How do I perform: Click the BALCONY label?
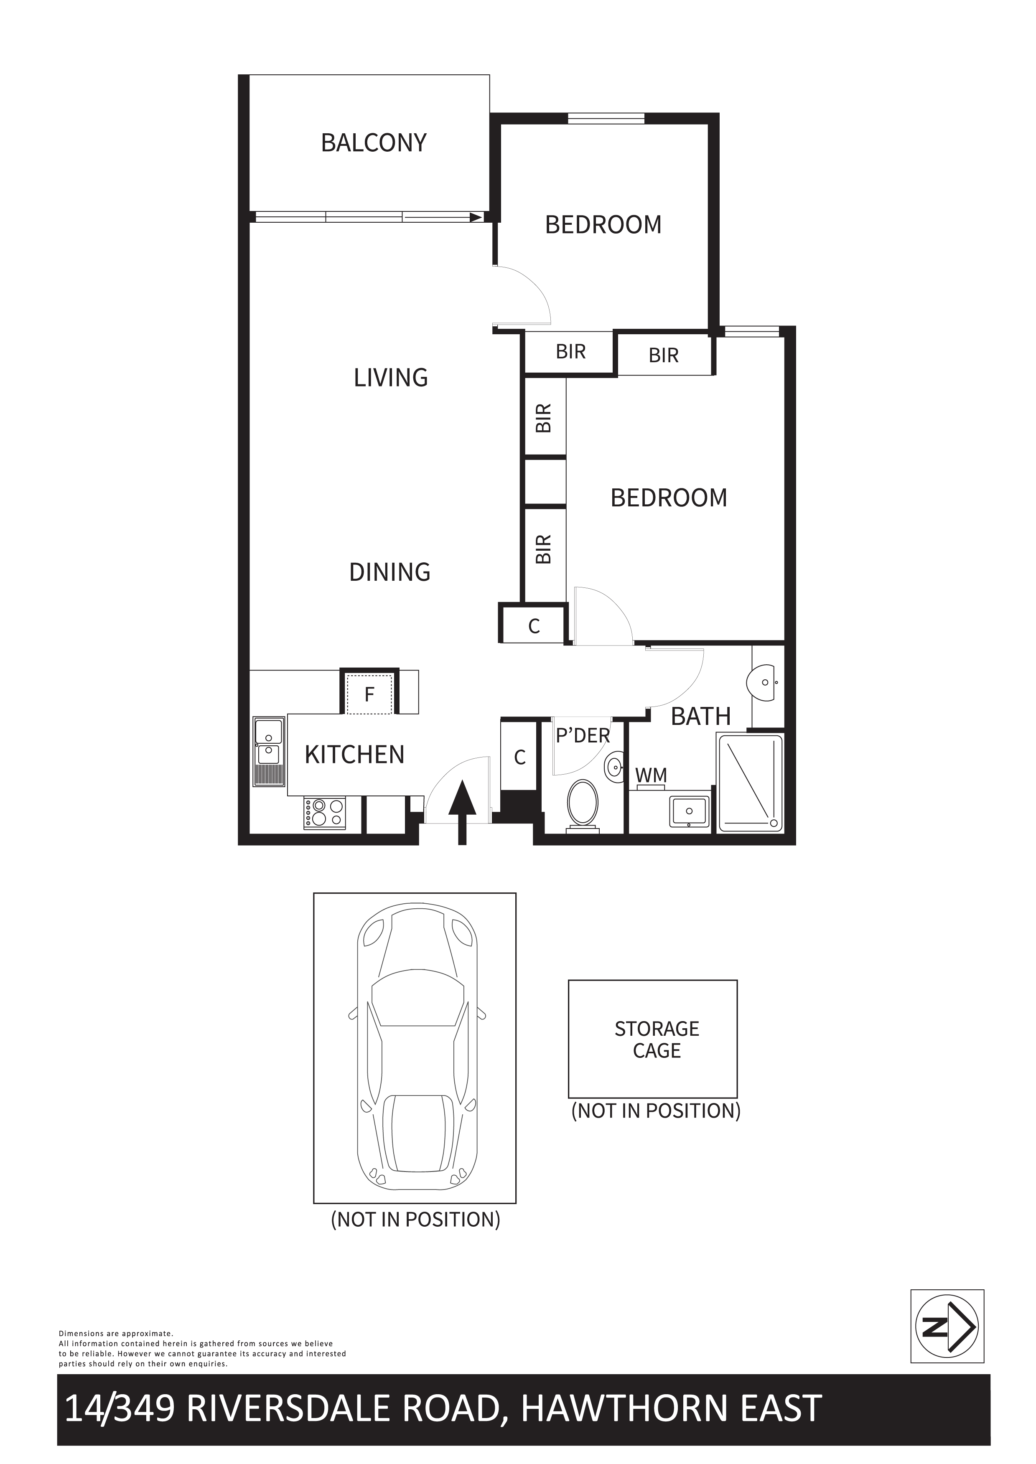(x=374, y=143)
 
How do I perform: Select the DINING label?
(x=390, y=572)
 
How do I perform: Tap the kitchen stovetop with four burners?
(x=325, y=813)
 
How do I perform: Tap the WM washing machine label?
(x=652, y=775)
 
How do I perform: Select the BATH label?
(x=700, y=717)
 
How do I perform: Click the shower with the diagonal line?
(x=750, y=783)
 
